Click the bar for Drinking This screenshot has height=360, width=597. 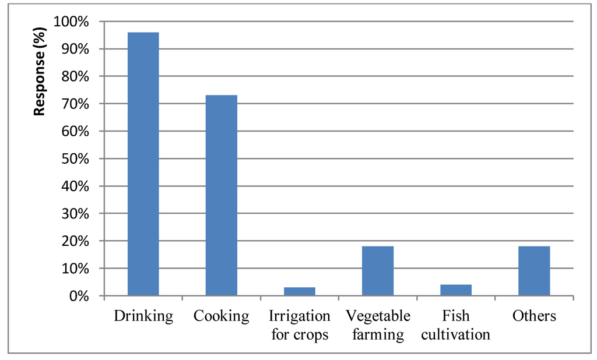pyautogui.click(x=143, y=164)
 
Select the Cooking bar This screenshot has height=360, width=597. pyautogui.click(x=222, y=196)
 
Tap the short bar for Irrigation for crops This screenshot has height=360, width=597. pyautogui.click(x=300, y=291)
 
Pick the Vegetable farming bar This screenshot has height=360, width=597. pyautogui.click(x=378, y=271)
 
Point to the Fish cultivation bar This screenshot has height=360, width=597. pyautogui.click(x=456, y=290)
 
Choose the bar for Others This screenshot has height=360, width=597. pyautogui.click(x=534, y=271)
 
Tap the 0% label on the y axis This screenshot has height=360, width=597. pyautogui.click(x=80, y=297)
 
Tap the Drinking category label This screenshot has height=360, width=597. pyautogui.click(x=143, y=316)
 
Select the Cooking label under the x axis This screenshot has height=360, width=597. pyautogui.click(x=222, y=316)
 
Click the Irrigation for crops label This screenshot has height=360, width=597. pyautogui.click(x=300, y=325)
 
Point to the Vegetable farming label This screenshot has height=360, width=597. pyautogui.click(x=378, y=325)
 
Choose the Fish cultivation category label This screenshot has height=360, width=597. pyautogui.click(x=456, y=325)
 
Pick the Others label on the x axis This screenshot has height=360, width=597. pyautogui.click(x=534, y=316)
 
